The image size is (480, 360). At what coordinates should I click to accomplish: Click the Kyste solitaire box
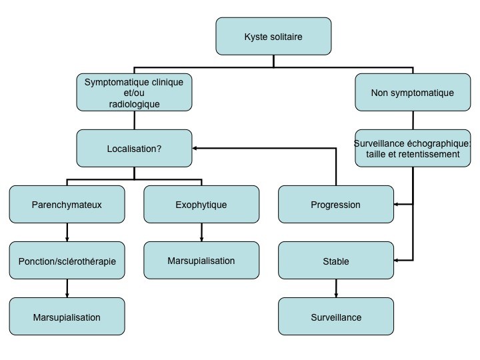(273, 37)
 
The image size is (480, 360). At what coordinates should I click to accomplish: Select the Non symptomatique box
(413, 92)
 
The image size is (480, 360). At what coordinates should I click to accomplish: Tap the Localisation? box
(134, 148)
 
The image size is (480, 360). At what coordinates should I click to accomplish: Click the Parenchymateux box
(67, 204)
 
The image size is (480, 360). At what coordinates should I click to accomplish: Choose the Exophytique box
(201, 204)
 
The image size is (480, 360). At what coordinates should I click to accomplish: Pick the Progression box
(336, 204)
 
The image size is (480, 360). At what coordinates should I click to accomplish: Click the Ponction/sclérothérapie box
(67, 260)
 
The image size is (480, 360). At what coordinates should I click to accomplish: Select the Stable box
(336, 260)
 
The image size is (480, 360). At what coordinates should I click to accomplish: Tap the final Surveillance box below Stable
(336, 316)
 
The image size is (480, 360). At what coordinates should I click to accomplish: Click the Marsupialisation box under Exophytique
(201, 260)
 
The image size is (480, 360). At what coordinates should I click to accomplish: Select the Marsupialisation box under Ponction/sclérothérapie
(67, 316)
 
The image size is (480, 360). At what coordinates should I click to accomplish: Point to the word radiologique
(135, 104)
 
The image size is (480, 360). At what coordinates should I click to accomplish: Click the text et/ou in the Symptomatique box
(134, 93)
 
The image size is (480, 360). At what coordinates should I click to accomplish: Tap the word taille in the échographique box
(375, 154)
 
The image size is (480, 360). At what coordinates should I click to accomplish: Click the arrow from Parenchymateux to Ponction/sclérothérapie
(67, 233)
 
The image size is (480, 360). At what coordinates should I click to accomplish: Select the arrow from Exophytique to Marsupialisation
(201, 233)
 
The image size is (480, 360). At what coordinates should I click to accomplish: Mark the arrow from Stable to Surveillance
(336, 289)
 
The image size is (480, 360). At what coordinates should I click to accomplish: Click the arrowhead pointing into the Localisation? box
(194, 148)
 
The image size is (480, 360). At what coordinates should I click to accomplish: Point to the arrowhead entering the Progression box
(396, 204)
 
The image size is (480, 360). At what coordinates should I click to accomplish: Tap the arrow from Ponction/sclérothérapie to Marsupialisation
(67, 289)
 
